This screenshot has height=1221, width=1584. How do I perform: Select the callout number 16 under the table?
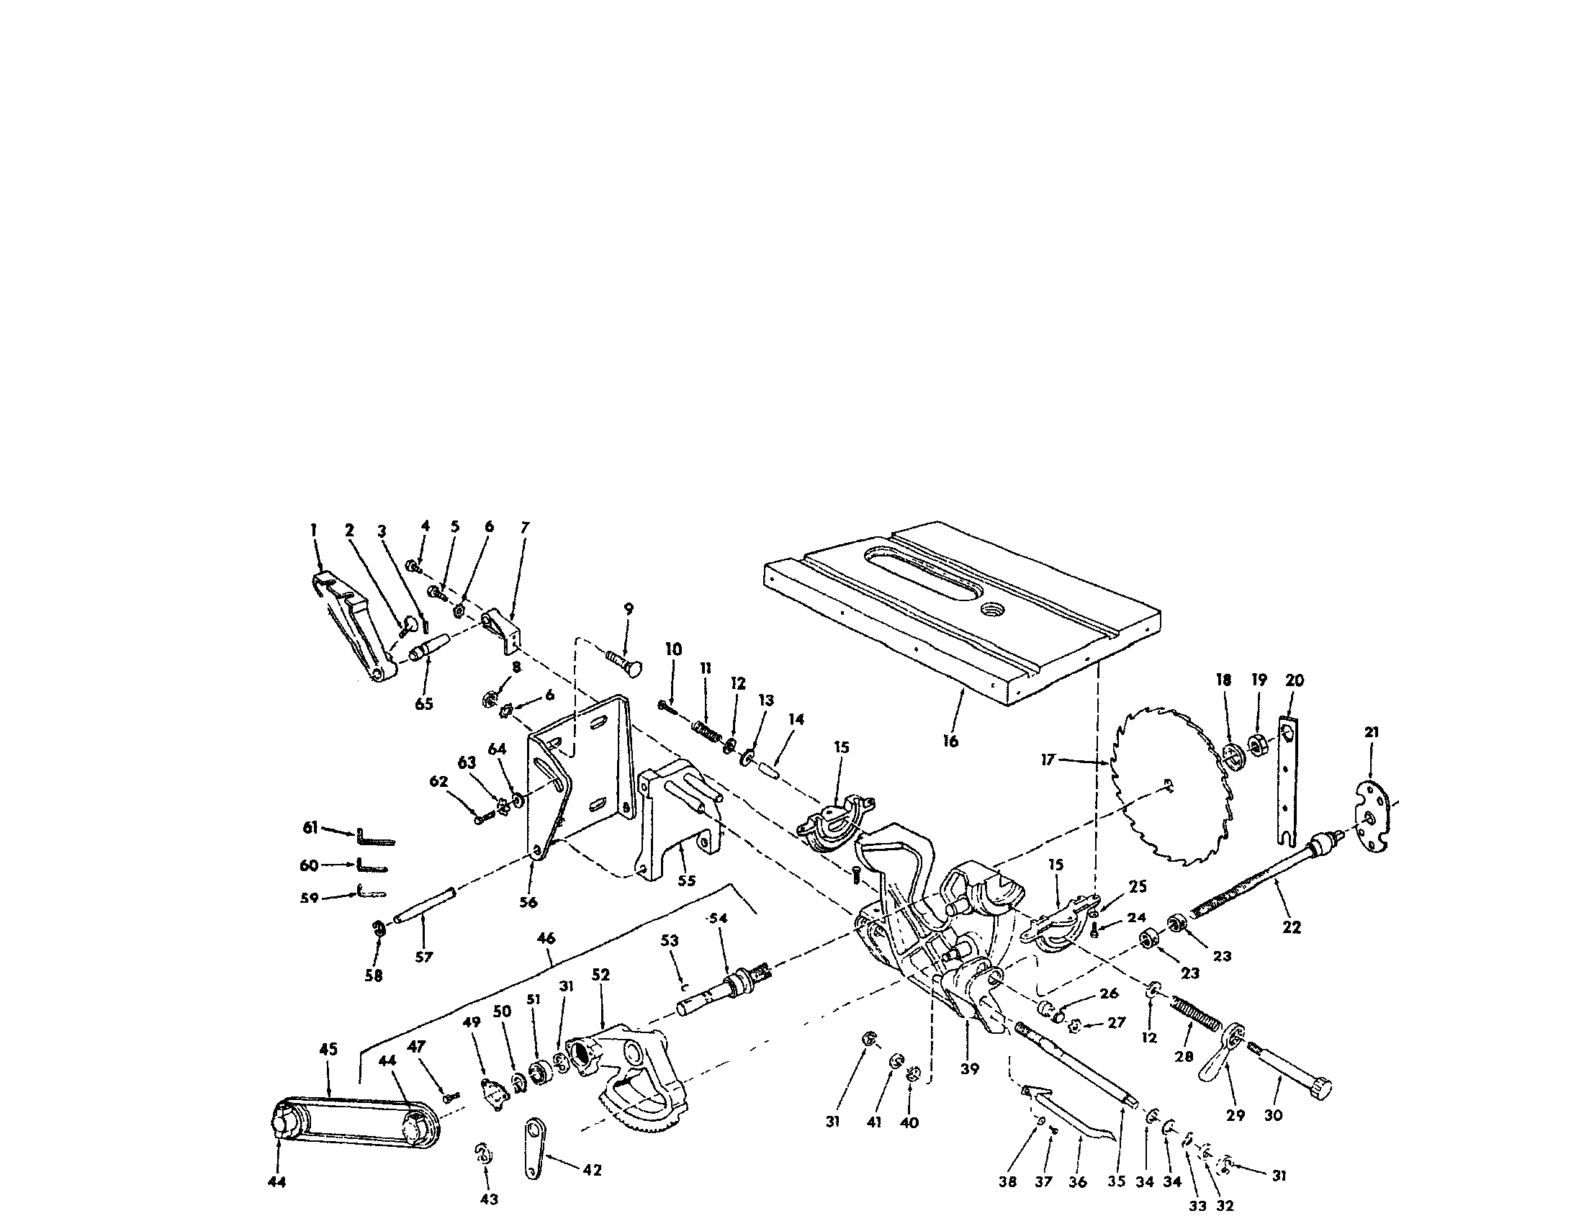(950, 741)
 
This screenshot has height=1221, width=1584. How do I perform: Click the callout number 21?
(1371, 732)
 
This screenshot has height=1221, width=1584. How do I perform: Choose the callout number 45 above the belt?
(328, 1049)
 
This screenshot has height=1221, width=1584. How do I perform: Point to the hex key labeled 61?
(375, 838)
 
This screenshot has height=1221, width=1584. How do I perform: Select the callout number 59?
(309, 898)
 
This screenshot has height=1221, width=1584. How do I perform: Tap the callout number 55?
(686, 880)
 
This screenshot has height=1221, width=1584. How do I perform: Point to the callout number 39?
(969, 1069)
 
